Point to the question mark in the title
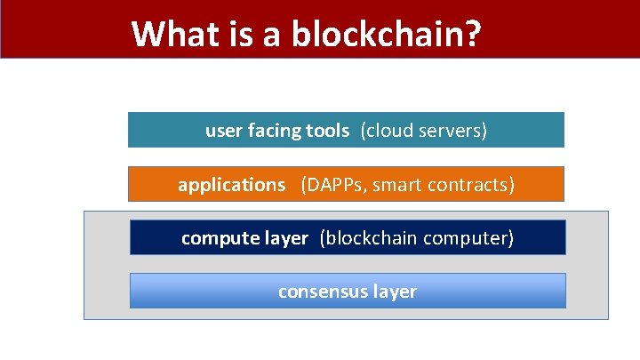click(x=473, y=34)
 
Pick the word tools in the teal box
click(x=327, y=131)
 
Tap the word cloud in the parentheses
click(x=389, y=131)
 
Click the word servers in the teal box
click(x=452, y=131)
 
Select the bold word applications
click(x=231, y=185)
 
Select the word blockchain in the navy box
click(x=368, y=238)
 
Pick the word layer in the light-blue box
click(x=394, y=292)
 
